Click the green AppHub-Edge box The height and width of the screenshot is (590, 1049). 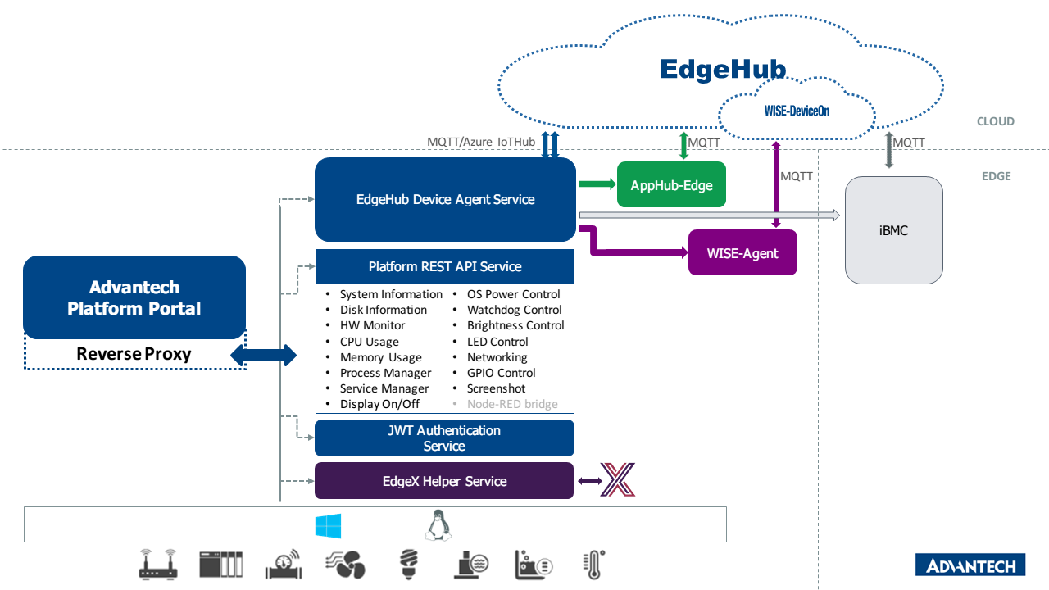click(x=671, y=185)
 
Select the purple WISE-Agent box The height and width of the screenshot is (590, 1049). click(x=742, y=253)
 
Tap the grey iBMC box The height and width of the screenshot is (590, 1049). click(x=893, y=230)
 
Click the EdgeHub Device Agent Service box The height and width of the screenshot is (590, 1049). click(x=445, y=199)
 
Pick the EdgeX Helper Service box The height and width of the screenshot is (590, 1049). click(x=444, y=481)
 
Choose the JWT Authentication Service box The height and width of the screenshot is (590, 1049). click(x=444, y=438)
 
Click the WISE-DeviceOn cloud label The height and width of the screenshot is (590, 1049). click(x=796, y=111)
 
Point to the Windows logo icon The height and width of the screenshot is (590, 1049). click(x=328, y=526)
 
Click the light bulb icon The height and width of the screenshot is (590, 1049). click(x=407, y=564)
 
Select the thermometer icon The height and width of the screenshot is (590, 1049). click(x=592, y=565)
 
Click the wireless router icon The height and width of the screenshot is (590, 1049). click(x=158, y=564)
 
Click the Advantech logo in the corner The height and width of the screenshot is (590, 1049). click(x=970, y=565)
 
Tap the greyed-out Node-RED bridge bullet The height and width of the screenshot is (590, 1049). click(x=512, y=404)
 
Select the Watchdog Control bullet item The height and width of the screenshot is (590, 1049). click(x=514, y=310)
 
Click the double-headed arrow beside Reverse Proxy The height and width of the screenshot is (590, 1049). click(x=264, y=355)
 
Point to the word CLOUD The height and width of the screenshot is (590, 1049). click(x=995, y=121)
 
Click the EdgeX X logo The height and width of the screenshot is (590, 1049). click(x=617, y=480)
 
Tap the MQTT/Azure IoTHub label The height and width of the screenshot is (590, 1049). click(x=480, y=142)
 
